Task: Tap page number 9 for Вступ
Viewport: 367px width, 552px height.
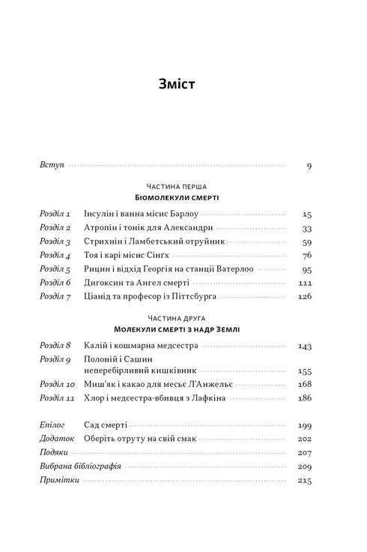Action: pyautogui.click(x=309, y=166)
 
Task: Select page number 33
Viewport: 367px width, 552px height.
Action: pyautogui.click(x=306, y=228)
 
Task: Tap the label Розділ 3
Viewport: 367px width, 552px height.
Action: pyautogui.click(x=54, y=241)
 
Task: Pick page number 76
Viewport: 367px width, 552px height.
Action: pyautogui.click(x=306, y=256)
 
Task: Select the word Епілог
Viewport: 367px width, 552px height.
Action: pyautogui.click(x=52, y=424)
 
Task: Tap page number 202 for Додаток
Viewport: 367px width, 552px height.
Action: pyautogui.click(x=304, y=439)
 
